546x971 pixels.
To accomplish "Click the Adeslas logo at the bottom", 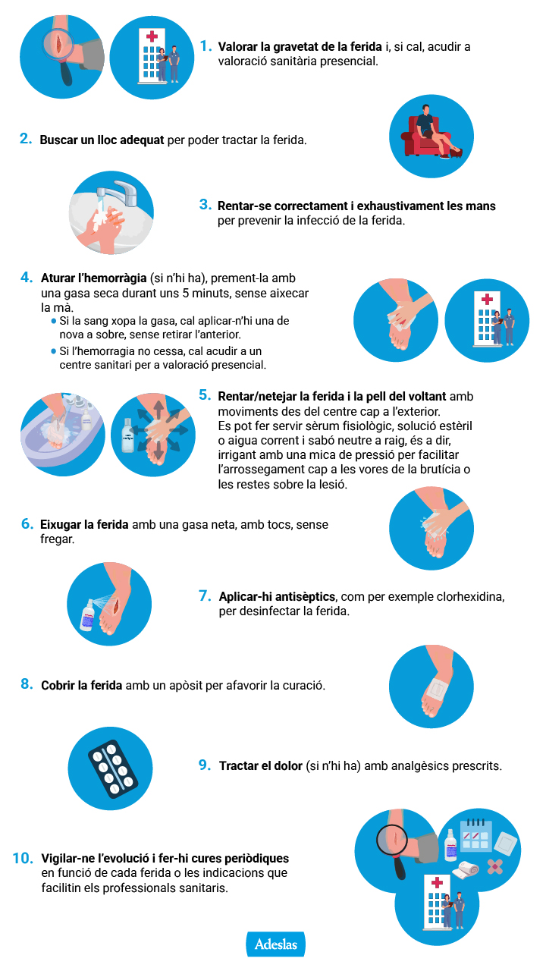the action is pyautogui.click(x=275, y=944).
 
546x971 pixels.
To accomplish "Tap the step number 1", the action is pyautogui.click(x=206, y=46).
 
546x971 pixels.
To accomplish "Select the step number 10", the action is pyautogui.click(x=23, y=858).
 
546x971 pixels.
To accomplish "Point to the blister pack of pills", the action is pyautogui.click(x=113, y=768).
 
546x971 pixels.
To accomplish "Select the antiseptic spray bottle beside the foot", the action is pyautogui.click(x=88, y=614).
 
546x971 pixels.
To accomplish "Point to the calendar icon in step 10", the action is pyautogui.click(x=475, y=834).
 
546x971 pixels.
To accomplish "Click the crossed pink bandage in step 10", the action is pyautogui.click(x=495, y=866).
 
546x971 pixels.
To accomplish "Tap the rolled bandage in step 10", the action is pyautogui.click(x=466, y=869).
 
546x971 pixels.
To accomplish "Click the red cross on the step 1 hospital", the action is pyautogui.click(x=152, y=36).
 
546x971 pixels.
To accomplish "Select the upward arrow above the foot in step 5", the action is pyautogui.click(x=159, y=410).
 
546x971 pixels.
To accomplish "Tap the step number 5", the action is pyautogui.click(x=205, y=395).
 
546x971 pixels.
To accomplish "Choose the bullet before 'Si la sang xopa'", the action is pyautogui.click(x=54, y=321).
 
